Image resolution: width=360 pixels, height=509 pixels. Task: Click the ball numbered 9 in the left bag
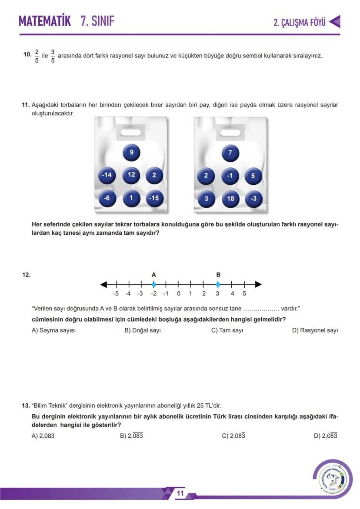click(131, 153)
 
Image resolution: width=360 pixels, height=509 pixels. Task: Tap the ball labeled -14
click(107, 175)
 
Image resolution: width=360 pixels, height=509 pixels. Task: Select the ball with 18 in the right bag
click(230, 199)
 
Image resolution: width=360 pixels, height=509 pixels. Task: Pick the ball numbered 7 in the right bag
click(230, 153)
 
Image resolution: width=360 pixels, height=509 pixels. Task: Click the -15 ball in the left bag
click(154, 198)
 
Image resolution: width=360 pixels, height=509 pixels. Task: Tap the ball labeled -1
click(230, 176)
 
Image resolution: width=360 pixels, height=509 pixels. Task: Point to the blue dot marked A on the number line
click(153, 285)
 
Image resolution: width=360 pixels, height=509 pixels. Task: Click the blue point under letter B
click(218, 285)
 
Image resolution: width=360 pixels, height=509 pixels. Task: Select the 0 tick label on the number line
click(178, 294)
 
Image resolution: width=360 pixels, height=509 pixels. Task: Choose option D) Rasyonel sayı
click(315, 330)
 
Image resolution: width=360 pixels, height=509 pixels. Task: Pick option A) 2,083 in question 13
click(43, 436)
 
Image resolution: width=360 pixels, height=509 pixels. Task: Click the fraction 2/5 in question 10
click(37, 56)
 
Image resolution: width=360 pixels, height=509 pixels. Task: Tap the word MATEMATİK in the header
click(44, 21)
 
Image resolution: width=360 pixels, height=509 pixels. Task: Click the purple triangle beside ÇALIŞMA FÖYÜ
click(334, 22)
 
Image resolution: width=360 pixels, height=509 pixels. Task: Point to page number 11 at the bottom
click(180, 494)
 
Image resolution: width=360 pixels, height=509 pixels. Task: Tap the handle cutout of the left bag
click(131, 132)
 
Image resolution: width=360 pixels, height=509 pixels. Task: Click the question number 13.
click(26, 406)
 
